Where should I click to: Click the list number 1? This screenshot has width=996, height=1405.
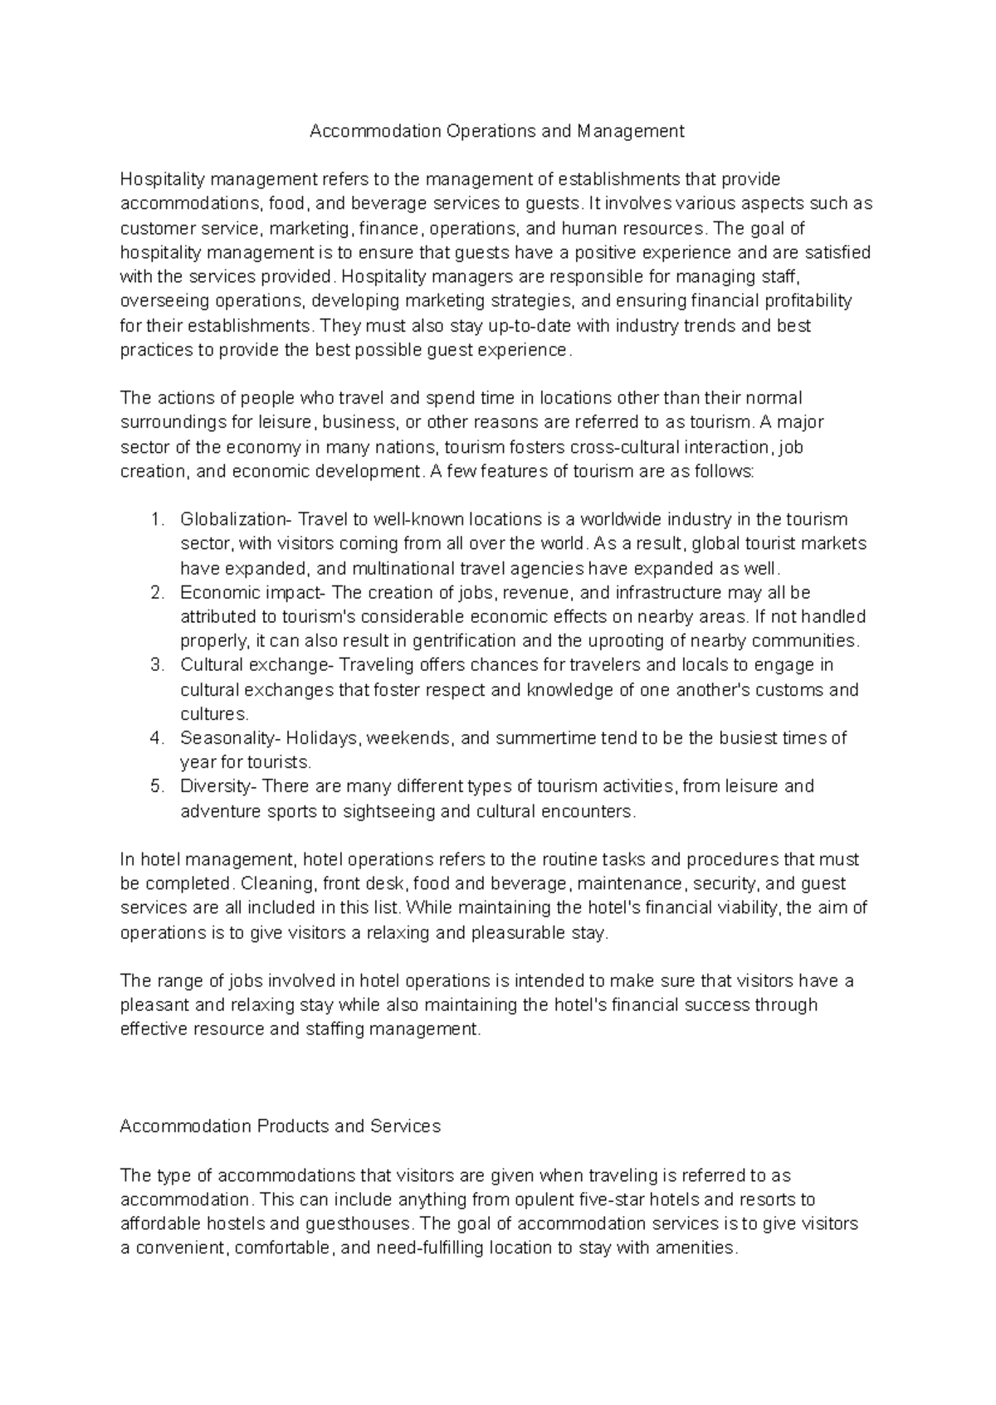tap(157, 520)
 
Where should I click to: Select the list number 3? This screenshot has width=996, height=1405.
tap(157, 665)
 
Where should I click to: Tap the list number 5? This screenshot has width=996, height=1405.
tap(157, 786)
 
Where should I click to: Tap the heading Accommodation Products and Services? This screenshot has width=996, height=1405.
tap(280, 1126)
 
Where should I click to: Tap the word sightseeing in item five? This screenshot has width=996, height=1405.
tap(388, 811)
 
